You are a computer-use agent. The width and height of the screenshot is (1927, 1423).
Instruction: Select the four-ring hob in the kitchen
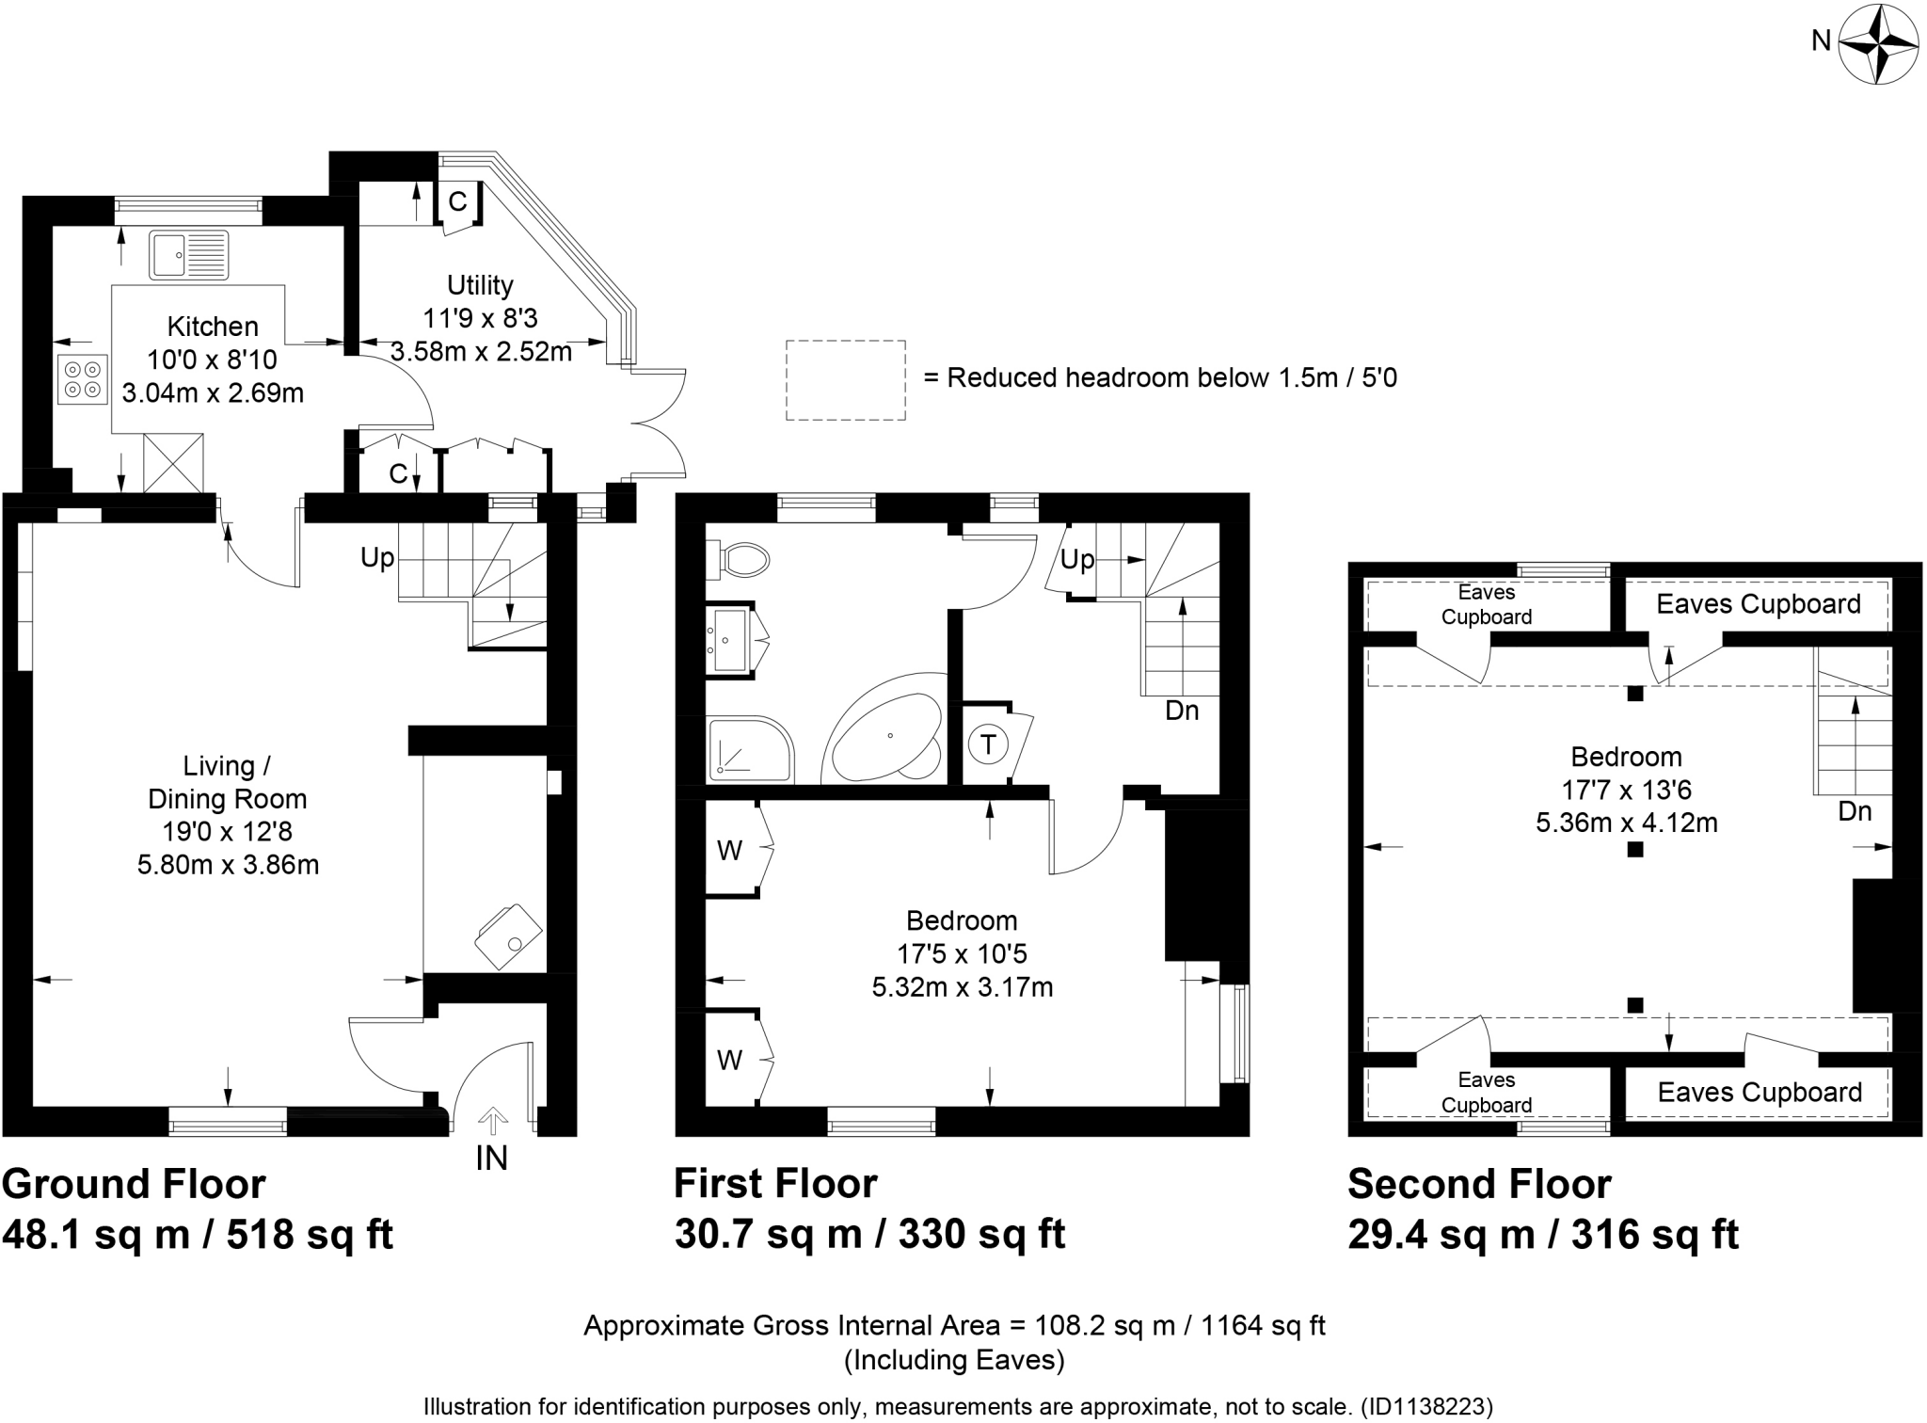point(82,379)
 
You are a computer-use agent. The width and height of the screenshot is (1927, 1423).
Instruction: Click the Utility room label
point(480,285)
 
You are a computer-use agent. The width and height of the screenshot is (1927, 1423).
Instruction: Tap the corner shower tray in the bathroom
point(748,750)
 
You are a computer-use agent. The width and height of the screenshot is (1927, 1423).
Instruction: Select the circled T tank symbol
point(988,745)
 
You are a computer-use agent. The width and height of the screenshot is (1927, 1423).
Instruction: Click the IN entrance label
point(491,1159)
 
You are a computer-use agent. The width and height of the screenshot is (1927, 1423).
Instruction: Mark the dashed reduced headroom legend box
point(845,380)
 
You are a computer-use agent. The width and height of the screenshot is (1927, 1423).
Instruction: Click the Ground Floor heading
point(134,1184)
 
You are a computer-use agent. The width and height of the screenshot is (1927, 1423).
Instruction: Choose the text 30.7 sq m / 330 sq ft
point(869,1234)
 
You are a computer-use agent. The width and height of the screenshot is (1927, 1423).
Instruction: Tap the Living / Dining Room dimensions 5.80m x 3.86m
point(228,865)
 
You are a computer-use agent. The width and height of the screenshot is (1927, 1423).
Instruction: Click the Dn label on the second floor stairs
point(1855,811)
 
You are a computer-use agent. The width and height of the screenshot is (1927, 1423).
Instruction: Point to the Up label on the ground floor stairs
point(377,558)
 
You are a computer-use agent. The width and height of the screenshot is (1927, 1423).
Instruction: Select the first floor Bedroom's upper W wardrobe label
point(729,851)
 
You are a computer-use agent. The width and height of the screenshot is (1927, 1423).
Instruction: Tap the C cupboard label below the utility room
point(398,473)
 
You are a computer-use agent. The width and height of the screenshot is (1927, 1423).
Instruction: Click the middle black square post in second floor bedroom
point(1635,850)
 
